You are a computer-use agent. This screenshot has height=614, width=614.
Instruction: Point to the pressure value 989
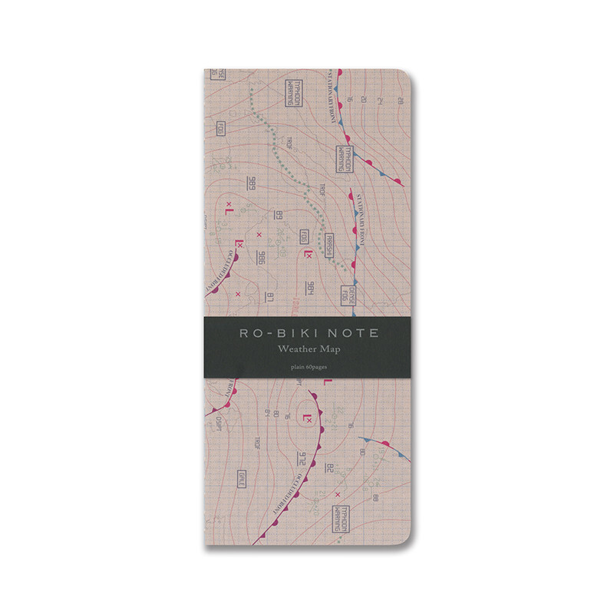[x=251, y=185]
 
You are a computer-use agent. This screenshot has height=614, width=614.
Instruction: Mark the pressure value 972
[x=302, y=458]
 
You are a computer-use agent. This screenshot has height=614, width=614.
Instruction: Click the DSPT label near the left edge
[x=220, y=421]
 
